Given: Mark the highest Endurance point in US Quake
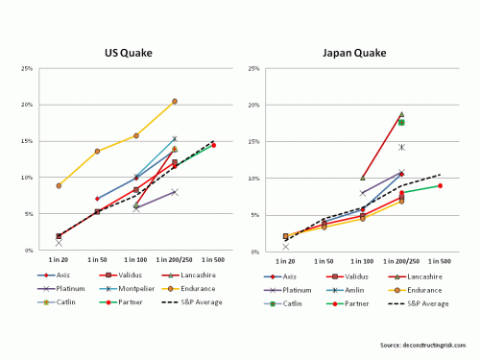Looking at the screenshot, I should [175, 101].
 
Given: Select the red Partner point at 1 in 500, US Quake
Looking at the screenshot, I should [213, 145].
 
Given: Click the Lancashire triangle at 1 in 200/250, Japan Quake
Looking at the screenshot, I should [401, 114].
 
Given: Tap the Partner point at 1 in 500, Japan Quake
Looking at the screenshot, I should [440, 185].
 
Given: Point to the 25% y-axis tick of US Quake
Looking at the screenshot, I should [31, 68].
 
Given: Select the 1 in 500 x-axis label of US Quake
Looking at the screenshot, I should [213, 259].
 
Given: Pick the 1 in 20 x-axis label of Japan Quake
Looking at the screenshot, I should [285, 259].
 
